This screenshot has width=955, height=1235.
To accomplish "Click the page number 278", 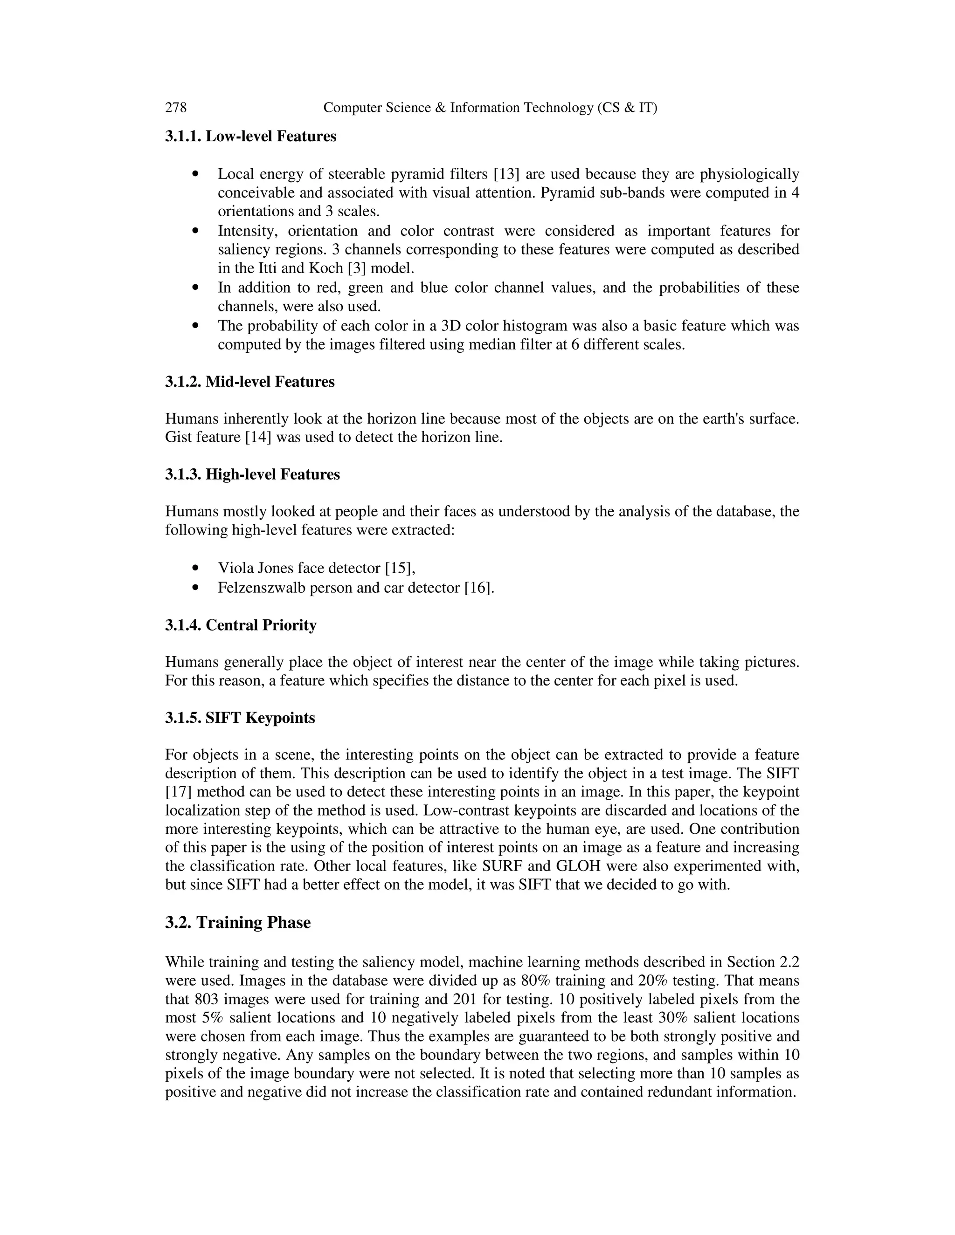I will [x=175, y=108].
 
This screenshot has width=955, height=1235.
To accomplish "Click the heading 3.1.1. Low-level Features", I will [x=250, y=136].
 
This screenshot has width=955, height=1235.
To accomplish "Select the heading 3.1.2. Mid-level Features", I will [x=249, y=382].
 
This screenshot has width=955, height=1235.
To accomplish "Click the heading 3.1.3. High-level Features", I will [x=252, y=474].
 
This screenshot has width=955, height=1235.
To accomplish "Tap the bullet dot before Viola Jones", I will [x=196, y=568].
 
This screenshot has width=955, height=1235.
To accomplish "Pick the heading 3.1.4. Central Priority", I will [x=241, y=625].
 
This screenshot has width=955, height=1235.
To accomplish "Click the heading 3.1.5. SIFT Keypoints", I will [x=240, y=718].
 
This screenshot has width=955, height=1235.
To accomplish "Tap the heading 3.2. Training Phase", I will [x=238, y=923].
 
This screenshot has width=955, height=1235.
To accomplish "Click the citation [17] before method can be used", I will [x=179, y=792].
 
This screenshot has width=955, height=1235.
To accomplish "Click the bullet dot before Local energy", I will [x=196, y=174].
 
